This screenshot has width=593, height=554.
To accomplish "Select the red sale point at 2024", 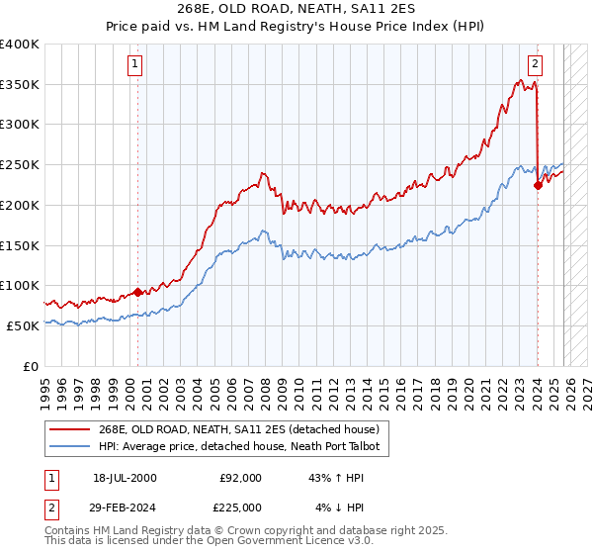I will tap(538, 184).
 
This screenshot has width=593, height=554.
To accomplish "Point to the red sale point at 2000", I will tap(137, 292).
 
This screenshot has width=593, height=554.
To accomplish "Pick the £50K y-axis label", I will tap(23, 325).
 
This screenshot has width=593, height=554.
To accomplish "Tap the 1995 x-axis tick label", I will tap(45, 386).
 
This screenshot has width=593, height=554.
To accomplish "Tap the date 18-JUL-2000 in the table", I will tap(125, 478).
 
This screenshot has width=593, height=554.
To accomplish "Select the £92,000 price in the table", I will tap(240, 478).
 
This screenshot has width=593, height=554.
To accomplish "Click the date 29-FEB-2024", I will tap(125, 509).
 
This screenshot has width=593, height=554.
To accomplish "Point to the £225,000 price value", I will tap(240, 509).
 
